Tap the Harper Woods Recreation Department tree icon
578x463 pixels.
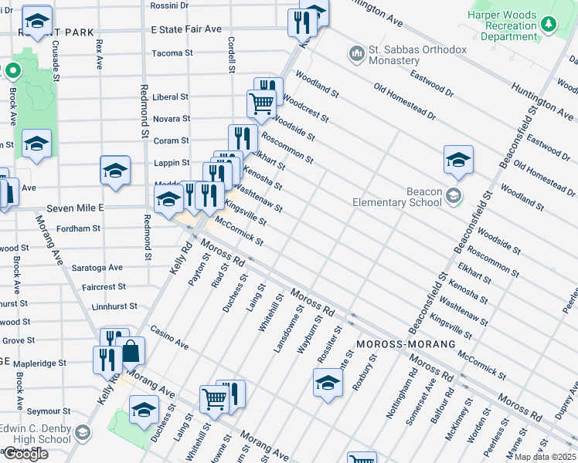tap(549, 24)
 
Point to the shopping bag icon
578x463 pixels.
tap(131, 351)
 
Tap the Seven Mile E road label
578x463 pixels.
tap(75, 208)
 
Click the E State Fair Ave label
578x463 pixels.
tap(186, 29)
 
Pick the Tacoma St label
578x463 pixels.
tap(172, 53)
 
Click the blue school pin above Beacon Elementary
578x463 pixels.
tap(458, 159)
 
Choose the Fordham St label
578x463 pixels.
tap(80, 228)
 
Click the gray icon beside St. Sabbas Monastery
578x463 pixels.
tap(356, 54)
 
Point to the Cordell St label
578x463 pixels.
tap(230, 54)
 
